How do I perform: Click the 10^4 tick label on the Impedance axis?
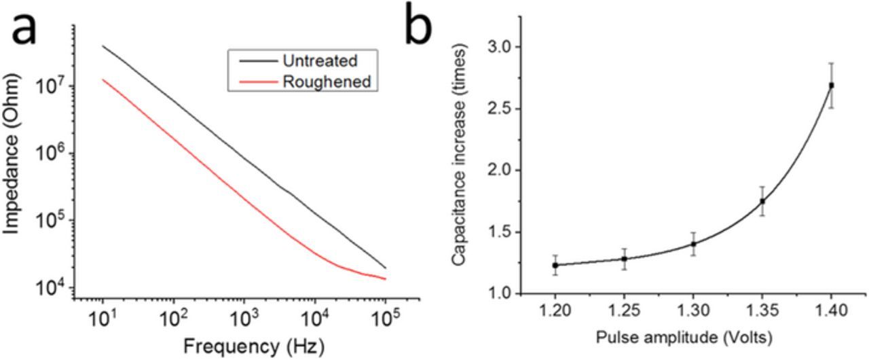click(55, 287)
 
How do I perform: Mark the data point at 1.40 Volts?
click(832, 86)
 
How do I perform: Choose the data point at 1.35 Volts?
click(762, 201)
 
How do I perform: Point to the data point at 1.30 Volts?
click(693, 244)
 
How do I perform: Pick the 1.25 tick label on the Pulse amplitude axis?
click(624, 312)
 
